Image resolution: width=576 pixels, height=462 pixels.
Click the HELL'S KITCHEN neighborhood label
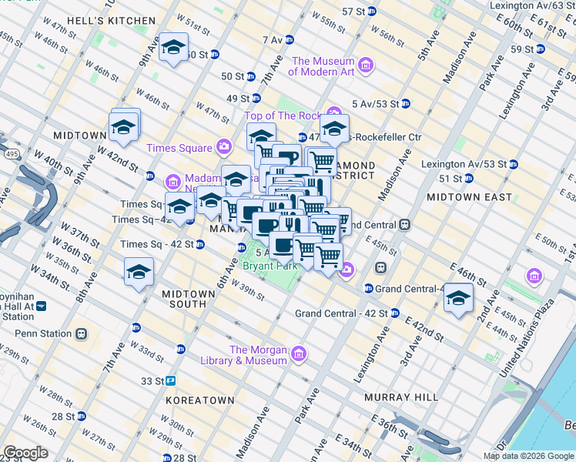tap(101, 20)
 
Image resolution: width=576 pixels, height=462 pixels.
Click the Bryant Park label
tap(270, 266)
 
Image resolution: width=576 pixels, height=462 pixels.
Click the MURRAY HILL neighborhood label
tap(400, 397)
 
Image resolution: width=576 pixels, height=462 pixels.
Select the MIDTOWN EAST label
tap(469, 197)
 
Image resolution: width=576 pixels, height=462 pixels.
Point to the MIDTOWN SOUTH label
tap(184, 299)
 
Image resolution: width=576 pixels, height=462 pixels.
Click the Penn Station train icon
tap(81, 334)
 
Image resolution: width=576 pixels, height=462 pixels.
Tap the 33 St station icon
tap(170, 380)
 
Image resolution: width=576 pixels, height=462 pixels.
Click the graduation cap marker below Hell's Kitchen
tap(174, 47)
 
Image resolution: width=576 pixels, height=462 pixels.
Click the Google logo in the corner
tap(25, 453)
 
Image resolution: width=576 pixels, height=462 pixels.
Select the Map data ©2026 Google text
tap(527, 456)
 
